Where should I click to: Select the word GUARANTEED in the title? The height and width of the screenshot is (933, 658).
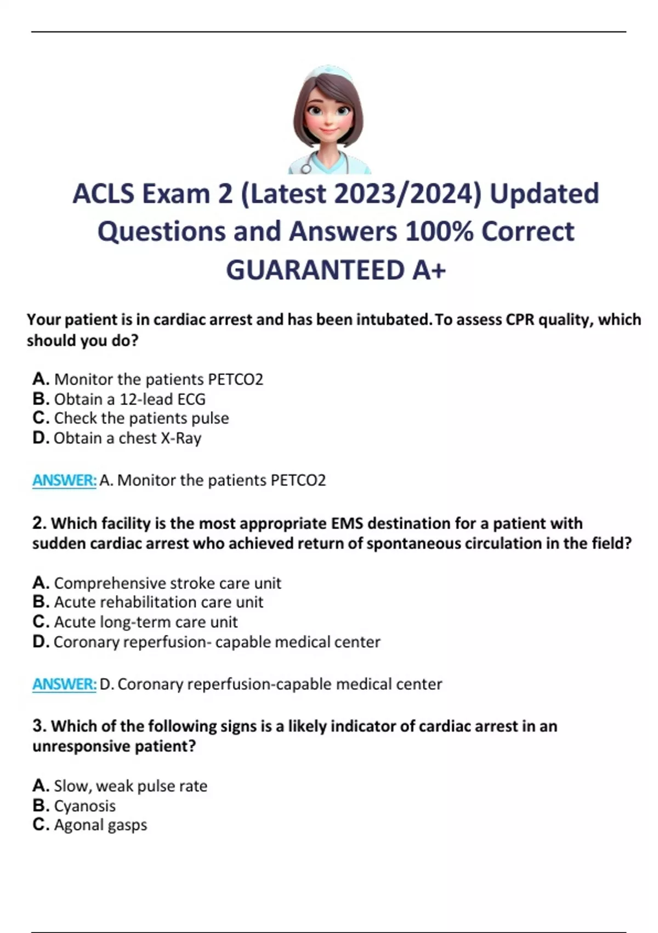315,270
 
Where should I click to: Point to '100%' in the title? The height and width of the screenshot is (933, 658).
439,232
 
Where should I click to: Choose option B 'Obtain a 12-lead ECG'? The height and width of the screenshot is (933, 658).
119,399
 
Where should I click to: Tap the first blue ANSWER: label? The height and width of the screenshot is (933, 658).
64,480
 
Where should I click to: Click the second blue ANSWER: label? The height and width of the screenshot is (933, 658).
64,684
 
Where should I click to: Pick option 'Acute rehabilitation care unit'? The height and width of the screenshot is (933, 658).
148,602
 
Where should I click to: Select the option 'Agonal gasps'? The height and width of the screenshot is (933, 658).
90,825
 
